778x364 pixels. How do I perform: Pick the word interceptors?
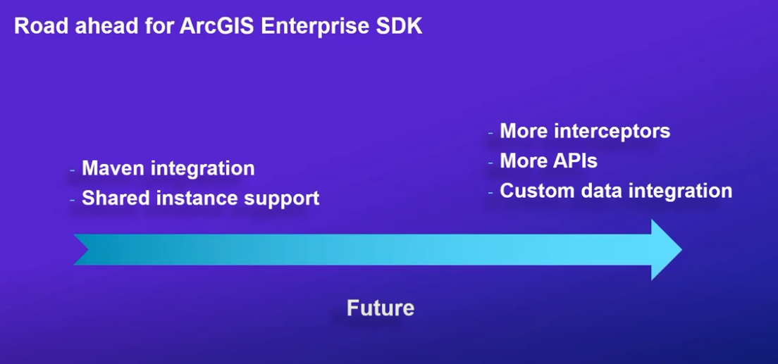click(612, 132)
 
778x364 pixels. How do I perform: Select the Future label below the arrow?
click(381, 308)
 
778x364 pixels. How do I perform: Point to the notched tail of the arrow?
click(82, 249)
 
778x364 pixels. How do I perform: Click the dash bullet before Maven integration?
click(73, 170)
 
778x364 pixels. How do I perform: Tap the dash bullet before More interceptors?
click(490, 132)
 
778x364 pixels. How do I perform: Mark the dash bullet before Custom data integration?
click(490, 192)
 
